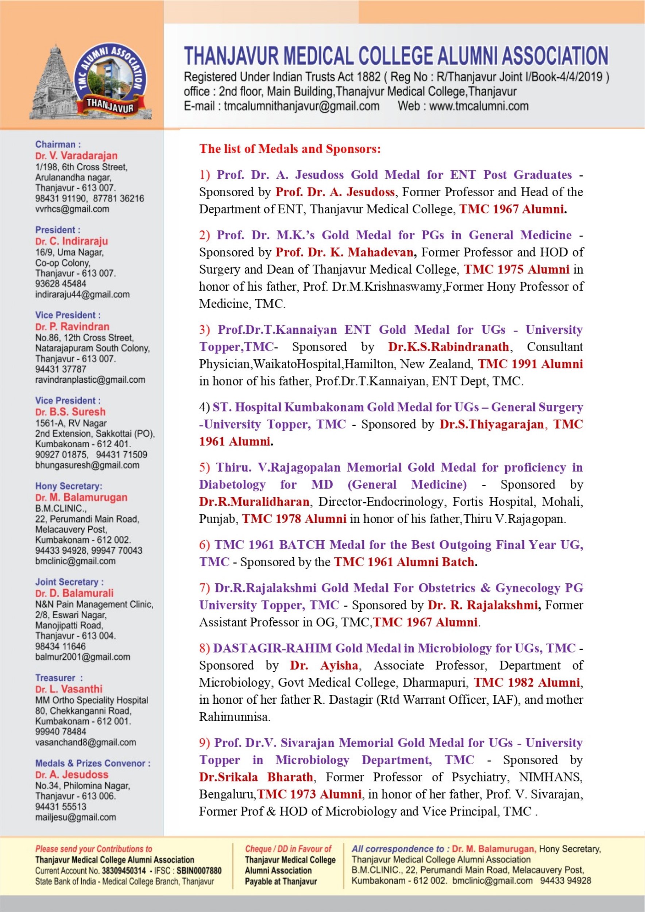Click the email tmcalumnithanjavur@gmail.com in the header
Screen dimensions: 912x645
click(x=301, y=106)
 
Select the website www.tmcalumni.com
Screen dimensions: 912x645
click(x=479, y=106)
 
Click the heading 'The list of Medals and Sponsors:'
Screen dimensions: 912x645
click(x=290, y=149)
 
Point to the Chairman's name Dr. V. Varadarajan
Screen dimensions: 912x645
click(x=76, y=156)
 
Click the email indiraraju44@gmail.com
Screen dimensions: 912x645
click(x=82, y=294)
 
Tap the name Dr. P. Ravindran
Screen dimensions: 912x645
click(x=72, y=326)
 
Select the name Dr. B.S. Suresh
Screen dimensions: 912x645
click(x=70, y=412)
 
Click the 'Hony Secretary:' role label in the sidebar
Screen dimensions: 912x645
click(x=69, y=486)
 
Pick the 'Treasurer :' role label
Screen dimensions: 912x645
click(x=59, y=678)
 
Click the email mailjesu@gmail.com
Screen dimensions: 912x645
click(x=76, y=817)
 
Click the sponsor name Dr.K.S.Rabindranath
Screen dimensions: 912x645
click(x=448, y=347)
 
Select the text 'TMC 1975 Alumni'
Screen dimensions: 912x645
click(x=517, y=269)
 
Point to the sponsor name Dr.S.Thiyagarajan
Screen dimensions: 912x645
click(x=491, y=424)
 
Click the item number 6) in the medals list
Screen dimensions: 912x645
click(x=205, y=545)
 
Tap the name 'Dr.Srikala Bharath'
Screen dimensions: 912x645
click(x=256, y=777)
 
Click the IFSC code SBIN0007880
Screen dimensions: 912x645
click(x=199, y=871)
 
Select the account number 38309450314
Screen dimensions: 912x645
click(x=124, y=871)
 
